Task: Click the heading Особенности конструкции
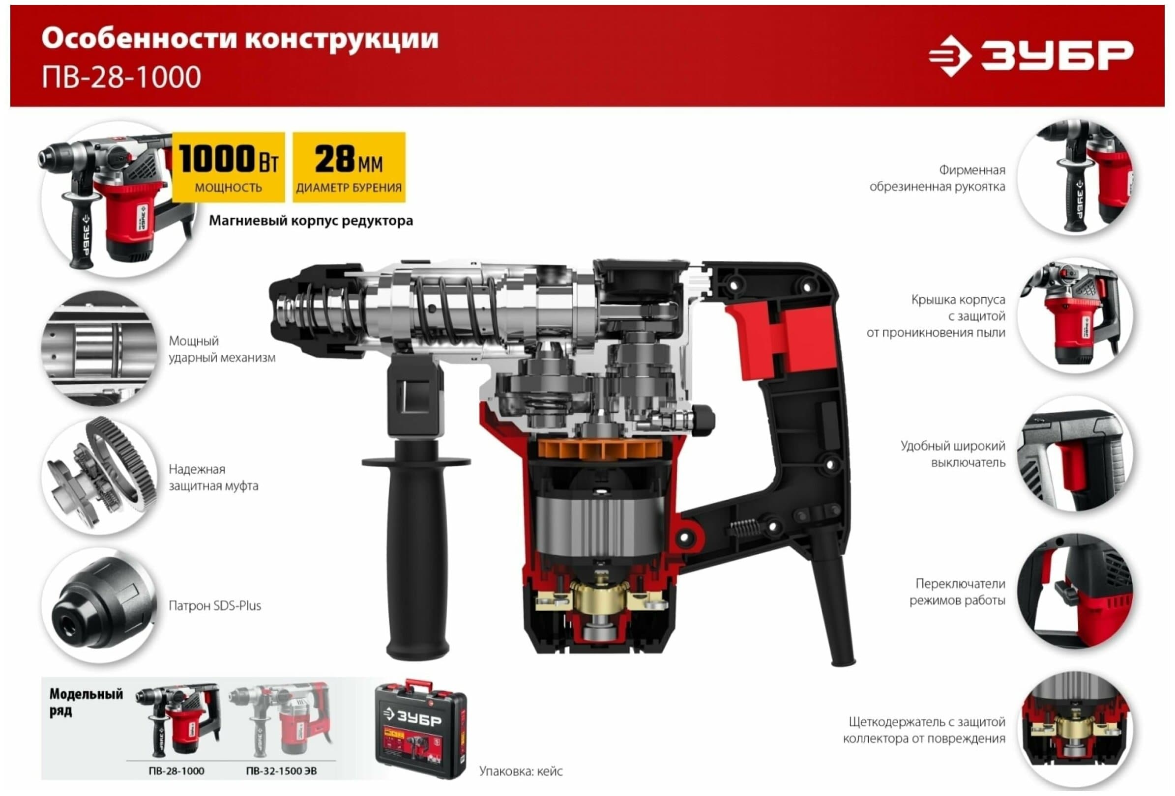point(240,39)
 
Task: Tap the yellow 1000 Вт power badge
point(229,167)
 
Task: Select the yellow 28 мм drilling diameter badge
point(349,167)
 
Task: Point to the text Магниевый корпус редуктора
point(311,221)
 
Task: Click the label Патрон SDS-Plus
point(215,605)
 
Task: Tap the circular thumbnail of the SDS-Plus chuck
point(99,605)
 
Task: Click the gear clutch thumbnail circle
point(99,476)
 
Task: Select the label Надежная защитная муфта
point(213,478)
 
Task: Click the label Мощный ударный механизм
point(222,349)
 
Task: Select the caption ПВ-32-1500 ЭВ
point(282,771)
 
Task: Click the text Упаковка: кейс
point(521,771)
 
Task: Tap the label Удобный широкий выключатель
point(953,454)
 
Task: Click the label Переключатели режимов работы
point(957,592)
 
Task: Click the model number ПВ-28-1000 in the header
point(121,77)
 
